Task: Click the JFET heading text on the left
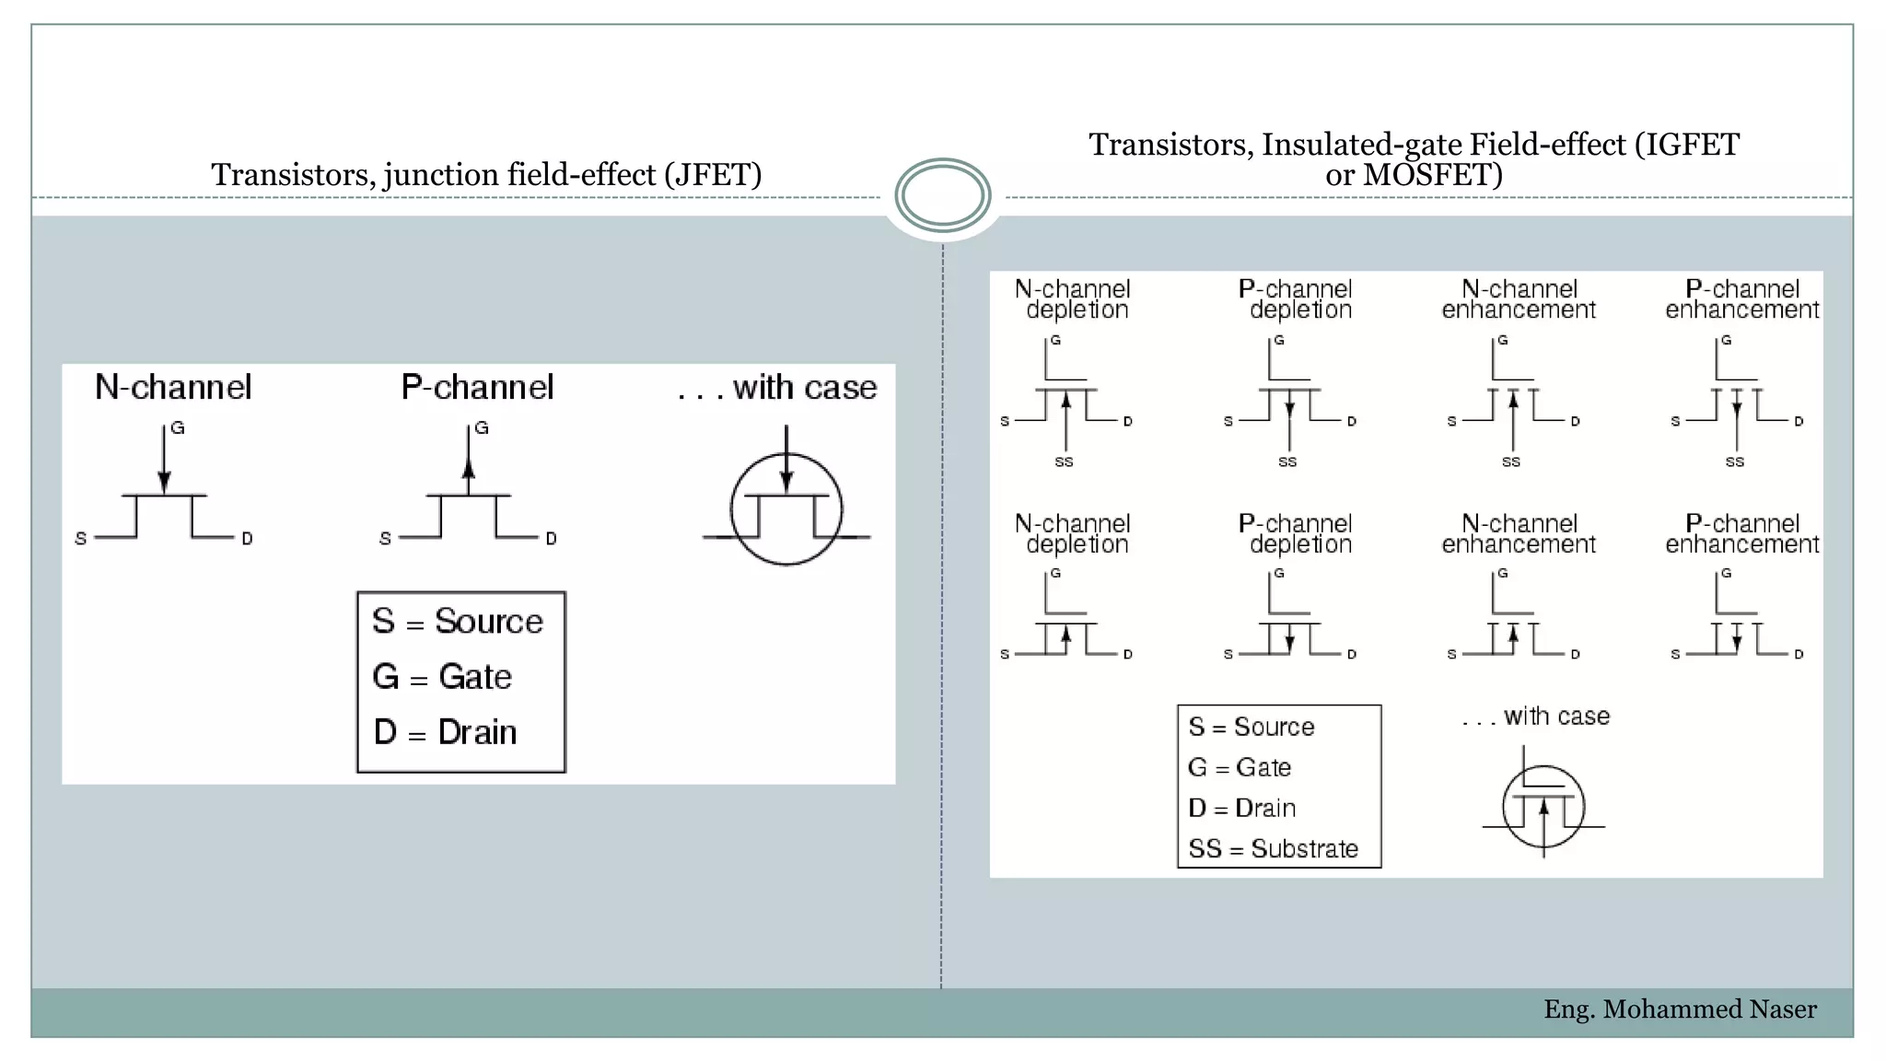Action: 486,174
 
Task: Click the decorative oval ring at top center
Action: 942,195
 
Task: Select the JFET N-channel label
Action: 173,387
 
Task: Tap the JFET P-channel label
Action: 477,387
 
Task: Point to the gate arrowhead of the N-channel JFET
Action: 164,482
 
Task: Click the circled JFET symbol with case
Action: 786,509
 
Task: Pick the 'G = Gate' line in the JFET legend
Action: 442,677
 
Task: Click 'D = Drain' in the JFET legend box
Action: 445,732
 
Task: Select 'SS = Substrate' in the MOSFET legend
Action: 1273,848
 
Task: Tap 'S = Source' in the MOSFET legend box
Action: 1251,727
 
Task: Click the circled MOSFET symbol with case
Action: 1543,808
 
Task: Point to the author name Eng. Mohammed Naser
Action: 1680,1009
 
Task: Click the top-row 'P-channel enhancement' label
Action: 1741,299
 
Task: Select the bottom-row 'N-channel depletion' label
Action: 1073,533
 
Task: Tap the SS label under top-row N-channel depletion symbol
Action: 1064,461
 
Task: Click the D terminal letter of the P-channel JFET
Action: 551,538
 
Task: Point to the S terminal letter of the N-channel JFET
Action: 81,538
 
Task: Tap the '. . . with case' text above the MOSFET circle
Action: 1535,716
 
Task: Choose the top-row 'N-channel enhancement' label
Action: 1519,299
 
